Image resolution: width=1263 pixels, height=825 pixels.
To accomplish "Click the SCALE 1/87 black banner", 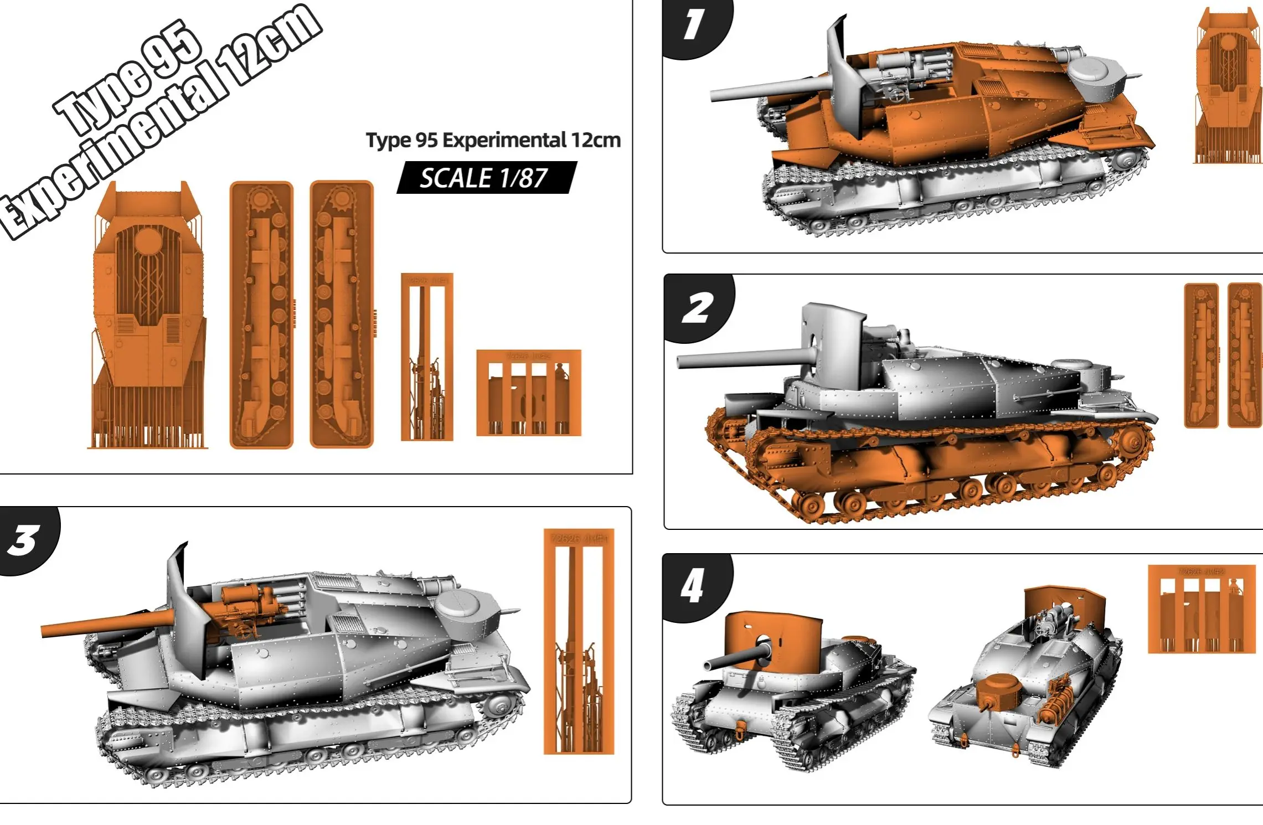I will pyautogui.click(x=486, y=178).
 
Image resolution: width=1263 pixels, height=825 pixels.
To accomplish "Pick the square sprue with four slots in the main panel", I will pyautogui.click(x=529, y=393).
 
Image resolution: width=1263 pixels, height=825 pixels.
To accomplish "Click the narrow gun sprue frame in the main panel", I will pyautogui.click(x=427, y=357).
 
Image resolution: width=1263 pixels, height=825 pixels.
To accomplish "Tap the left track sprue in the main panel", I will pyautogui.click(x=261, y=314).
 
